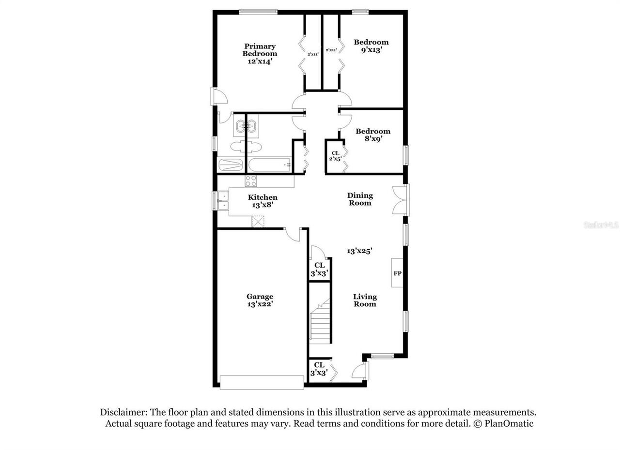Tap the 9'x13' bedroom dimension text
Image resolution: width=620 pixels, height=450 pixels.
(371, 49)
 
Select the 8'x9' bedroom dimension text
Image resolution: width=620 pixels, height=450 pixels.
(373, 138)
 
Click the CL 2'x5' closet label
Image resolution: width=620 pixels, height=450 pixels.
(335, 155)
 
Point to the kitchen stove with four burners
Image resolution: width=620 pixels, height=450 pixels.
(251, 181)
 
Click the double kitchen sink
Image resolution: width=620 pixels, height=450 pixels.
(223, 201)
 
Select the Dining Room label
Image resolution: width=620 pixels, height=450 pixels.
(360, 199)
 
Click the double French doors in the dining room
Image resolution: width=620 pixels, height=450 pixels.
(401, 199)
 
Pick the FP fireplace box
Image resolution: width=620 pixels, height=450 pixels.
(397, 273)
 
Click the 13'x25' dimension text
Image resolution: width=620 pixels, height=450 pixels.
(359, 251)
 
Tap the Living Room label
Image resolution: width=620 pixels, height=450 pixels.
(365, 300)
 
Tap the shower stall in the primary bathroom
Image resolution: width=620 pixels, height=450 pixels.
(231, 165)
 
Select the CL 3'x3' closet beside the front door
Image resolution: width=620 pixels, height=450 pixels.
(319, 369)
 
